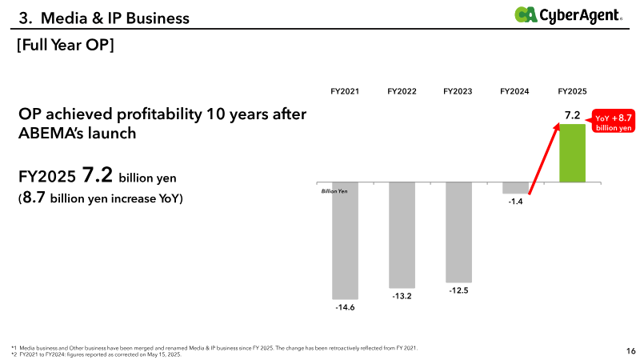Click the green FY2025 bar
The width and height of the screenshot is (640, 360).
(x=572, y=153)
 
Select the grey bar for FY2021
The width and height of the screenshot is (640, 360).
(x=345, y=241)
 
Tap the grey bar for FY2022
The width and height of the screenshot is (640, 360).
(x=402, y=235)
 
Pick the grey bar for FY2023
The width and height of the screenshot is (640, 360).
(x=458, y=232)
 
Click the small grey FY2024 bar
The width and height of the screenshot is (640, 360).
(x=515, y=188)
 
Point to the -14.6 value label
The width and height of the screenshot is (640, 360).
(x=345, y=307)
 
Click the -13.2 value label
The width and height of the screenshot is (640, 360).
(x=402, y=296)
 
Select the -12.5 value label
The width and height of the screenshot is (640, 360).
(x=458, y=290)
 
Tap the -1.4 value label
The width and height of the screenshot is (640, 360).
(x=515, y=202)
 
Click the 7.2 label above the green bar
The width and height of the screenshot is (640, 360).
(x=572, y=115)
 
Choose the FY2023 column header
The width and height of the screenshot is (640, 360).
(x=458, y=91)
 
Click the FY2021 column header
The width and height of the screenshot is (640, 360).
(x=345, y=91)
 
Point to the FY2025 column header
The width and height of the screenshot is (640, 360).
(x=572, y=91)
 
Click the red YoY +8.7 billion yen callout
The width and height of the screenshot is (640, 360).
(x=612, y=122)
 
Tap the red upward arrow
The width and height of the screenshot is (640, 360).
(x=544, y=158)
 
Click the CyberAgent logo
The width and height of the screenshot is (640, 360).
(x=568, y=15)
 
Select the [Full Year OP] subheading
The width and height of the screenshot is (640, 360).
(x=66, y=45)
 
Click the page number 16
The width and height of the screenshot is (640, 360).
(x=630, y=350)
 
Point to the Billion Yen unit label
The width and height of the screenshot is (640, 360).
(x=334, y=191)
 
